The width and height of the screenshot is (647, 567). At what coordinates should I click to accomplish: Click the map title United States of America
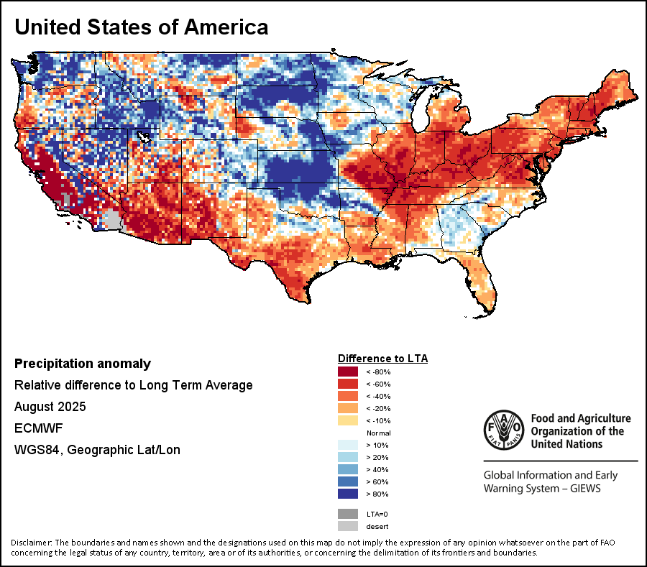click(142, 27)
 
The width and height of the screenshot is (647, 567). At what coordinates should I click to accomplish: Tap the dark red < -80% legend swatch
click(348, 372)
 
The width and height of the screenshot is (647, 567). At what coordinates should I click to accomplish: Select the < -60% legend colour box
click(348, 384)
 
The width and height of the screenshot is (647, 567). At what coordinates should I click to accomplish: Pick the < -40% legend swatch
click(348, 396)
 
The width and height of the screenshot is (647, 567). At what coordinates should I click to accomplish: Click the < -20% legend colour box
click(348, 408)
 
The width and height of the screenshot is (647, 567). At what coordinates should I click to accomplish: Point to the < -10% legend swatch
click(348, 420)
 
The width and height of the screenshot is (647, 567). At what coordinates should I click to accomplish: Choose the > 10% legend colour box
click(348, 446)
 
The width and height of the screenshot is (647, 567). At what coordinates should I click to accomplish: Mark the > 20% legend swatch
click(348, 458)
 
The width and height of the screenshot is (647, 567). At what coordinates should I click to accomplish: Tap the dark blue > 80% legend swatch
click(348, 494)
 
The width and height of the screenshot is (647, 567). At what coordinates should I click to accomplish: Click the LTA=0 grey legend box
click(348, 514)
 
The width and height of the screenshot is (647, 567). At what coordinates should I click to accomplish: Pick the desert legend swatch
click(348, 526)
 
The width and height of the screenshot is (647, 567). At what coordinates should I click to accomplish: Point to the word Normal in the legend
click(378, 433)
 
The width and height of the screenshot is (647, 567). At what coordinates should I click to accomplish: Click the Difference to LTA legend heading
click(382, 358)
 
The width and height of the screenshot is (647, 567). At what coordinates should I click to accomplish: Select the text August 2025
click(50, 407)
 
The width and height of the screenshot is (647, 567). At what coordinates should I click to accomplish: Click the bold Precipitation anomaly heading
click(83, 364)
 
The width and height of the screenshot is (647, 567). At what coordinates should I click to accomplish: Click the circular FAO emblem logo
click(505, 430)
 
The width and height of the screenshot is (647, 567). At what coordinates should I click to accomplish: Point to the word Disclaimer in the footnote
click(31, 542)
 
